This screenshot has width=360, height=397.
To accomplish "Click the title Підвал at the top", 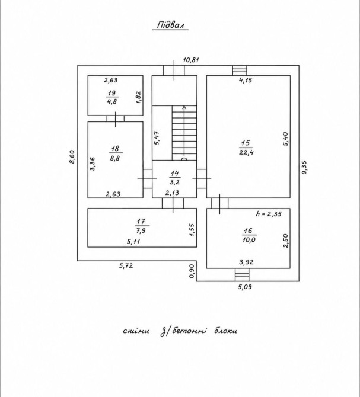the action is point(170,25).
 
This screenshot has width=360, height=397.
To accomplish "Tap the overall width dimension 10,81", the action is point(191,60).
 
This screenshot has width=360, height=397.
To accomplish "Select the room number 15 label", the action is point(246,143).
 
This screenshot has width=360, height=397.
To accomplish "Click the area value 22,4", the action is point(246,152).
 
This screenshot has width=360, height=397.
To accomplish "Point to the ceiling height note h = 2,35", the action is point(269,214).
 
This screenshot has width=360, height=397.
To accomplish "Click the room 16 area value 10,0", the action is point(249,239).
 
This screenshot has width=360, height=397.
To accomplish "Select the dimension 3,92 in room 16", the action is point(246,262).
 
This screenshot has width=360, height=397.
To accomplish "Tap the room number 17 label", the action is point(141,222).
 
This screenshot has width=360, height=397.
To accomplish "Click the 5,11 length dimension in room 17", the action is point(133,242).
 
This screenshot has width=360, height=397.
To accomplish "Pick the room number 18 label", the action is point(115,149).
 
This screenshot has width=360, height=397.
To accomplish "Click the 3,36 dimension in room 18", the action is point(93,164).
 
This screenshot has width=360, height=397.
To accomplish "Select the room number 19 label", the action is point(111,93).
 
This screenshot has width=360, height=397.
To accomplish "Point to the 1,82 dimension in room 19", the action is point(138,97).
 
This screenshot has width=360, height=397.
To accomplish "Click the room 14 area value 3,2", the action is point(174,182).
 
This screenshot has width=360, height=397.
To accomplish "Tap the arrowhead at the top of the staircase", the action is point(184,107).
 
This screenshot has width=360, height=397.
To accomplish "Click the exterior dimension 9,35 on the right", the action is point(304,167).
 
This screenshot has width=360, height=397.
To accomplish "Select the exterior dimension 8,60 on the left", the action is point(72,157).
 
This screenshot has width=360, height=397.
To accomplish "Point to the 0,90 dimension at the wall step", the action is point(192,271).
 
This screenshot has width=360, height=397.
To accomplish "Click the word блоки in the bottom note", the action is point(225,331).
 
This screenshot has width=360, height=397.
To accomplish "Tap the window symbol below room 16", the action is point(242,275).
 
